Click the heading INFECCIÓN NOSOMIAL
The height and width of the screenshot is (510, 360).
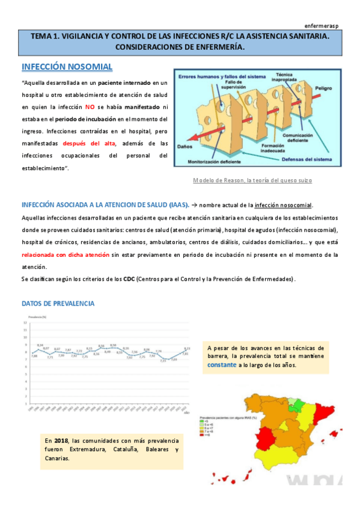pos(67,66)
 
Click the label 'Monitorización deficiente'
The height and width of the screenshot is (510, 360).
pos(219,161)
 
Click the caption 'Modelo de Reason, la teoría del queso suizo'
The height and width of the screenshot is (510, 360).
pos(252,180)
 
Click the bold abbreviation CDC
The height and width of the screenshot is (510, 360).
pos(129,279)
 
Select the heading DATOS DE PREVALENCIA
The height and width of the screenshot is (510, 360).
pos(58,304)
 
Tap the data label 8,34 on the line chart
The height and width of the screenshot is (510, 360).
pos(40,345)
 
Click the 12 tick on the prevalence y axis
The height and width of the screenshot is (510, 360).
pos(25,322)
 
